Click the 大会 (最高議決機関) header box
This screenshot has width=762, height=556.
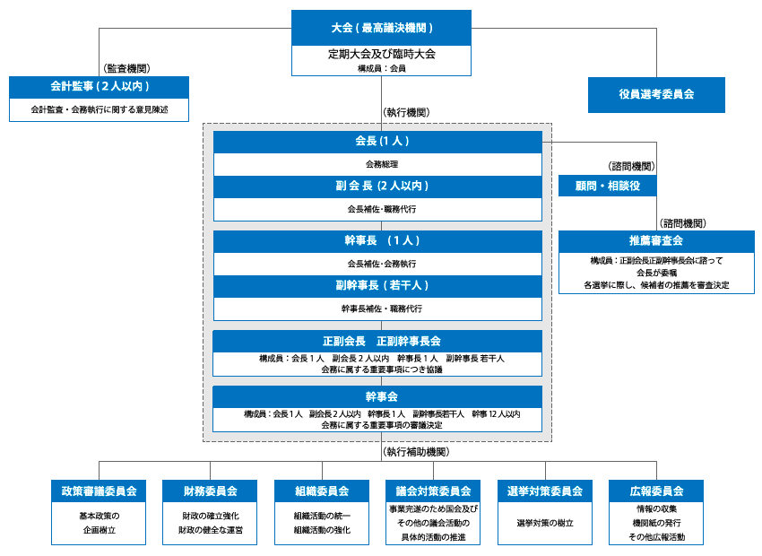[x=381, y=28]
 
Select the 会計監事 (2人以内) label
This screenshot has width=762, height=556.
[x=99, y=87]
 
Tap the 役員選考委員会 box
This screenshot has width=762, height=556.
[x=656, y=94]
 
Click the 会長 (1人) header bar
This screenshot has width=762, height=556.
[x=377, y=142]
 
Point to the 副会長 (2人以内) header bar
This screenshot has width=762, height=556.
[x=377, y=187]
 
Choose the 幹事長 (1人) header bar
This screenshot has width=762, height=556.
[x=377, y=241]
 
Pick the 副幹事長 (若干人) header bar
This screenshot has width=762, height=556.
[x=377, y=286]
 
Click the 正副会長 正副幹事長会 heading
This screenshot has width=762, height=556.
[x=377, y=342]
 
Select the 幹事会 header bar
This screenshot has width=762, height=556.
[x=377, y=396]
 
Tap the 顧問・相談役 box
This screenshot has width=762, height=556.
[x=607, y=186]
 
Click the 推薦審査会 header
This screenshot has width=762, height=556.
[x=656, y=241]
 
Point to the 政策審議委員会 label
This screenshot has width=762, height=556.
[x=99, y=491]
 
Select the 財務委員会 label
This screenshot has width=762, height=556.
[x=210, y=491]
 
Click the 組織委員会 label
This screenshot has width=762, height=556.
[x=322, y=491]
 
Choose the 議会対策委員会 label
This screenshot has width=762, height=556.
[x=433, y=491]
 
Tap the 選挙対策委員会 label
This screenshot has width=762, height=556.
[x=544, y=491]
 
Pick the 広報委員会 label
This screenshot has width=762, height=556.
[x=656, y=491]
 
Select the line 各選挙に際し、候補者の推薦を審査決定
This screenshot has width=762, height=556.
[x=656, y=285]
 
